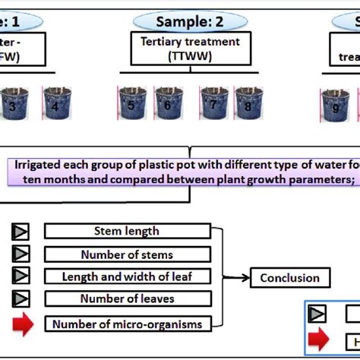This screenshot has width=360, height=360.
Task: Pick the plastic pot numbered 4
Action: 54,104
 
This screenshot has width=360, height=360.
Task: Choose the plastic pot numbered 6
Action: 169,104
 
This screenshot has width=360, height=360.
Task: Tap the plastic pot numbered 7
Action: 213,104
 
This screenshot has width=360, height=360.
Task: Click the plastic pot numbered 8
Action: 248,104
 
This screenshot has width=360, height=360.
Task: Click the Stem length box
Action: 126,231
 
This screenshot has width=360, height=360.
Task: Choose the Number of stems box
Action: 126,254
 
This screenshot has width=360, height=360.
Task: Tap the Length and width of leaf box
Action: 126,277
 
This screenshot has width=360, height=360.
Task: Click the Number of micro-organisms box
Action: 126,324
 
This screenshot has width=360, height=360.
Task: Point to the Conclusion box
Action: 290,278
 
